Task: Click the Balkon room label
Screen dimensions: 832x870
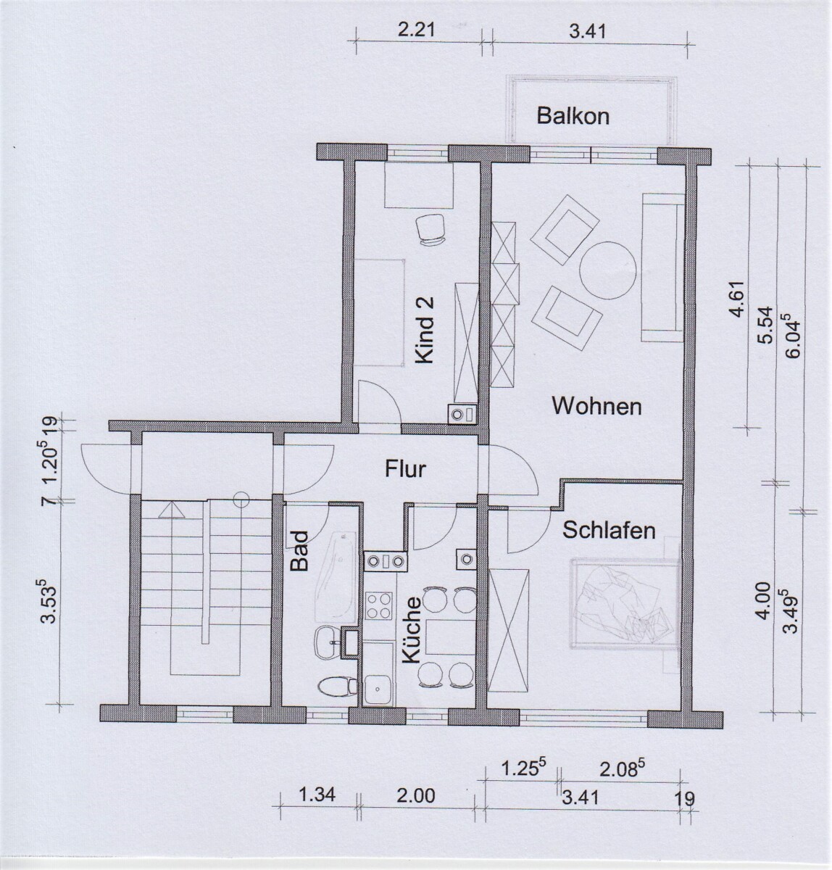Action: coord(573,116)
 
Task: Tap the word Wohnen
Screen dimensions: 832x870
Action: coord(596,407)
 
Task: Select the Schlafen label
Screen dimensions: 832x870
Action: coord(609,530)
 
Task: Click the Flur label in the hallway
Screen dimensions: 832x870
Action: coord(405,469)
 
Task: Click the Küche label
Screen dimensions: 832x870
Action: coord(411,630)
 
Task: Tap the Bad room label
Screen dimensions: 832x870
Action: coord(299,551)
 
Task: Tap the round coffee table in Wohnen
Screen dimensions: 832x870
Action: coord(607,270)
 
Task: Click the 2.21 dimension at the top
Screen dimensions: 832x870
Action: coord(416,30)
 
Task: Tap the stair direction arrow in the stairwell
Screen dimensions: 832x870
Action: coord(172,510)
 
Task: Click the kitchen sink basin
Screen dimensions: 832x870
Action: coord(378,689)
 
